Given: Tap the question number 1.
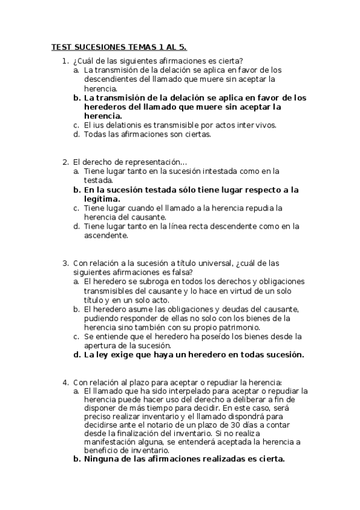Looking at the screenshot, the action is click(64, 60).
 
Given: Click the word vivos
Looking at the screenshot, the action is click(265, 125).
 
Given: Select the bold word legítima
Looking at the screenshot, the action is click(102, 198).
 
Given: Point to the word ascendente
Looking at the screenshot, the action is click(105, 235).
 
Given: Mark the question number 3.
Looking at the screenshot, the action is click(64, 263).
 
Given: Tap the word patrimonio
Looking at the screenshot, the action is click(237, 327).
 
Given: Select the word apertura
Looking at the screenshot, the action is click(100, 345).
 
